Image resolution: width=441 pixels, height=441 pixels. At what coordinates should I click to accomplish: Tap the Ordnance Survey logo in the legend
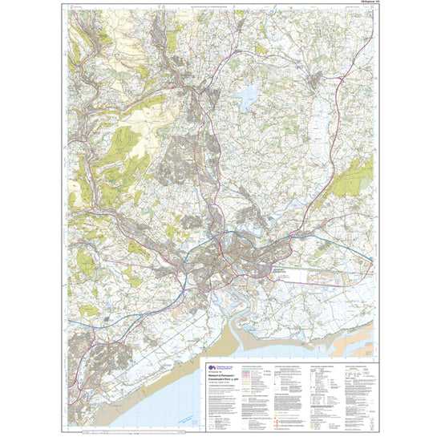point(213,367)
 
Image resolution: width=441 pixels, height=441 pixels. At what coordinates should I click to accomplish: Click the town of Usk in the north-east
point(321,79)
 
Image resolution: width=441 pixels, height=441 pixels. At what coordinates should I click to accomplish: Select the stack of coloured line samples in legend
point(249,377)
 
